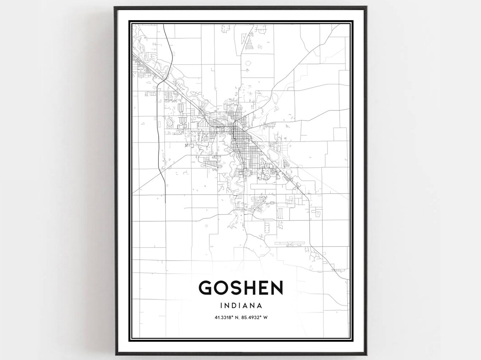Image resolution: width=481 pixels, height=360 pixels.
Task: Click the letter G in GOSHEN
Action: [x=207, y=288]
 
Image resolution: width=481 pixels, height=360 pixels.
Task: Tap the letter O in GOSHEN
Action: [x=224, y=288]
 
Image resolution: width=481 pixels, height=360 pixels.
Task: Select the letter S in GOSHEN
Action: [x=239, y=288]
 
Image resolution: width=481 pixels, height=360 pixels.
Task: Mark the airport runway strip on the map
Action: [x=289, y=243]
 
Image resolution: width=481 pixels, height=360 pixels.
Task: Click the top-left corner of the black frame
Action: [x=115, y=7]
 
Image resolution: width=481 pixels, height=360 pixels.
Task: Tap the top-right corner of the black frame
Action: [x=366, y=7]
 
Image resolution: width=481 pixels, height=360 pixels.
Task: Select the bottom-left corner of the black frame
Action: [x=115, y=354]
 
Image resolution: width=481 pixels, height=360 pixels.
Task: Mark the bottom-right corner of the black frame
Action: [x=366, y=354]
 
